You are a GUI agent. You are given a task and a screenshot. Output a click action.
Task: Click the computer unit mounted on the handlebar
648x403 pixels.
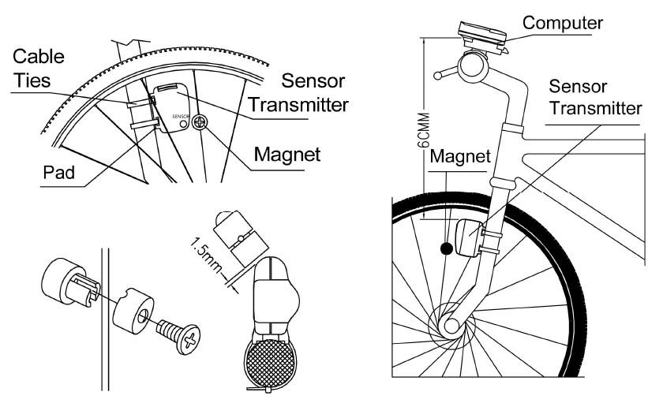pos(481,35)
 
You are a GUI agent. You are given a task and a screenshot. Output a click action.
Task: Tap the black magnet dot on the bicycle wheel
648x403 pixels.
pos(447,248)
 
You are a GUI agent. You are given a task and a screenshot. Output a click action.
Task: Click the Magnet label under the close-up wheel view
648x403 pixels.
pos(285,155)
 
